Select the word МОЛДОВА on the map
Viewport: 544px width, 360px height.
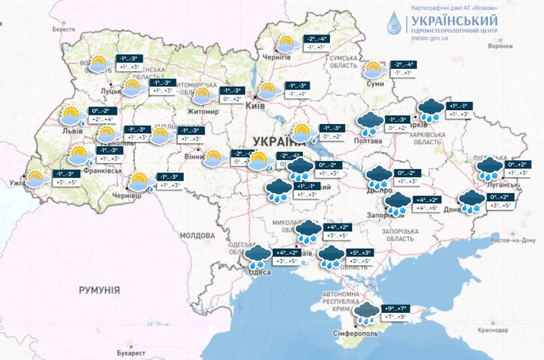[x=195, y=235]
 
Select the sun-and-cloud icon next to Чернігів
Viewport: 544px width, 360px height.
[x=289, y=44]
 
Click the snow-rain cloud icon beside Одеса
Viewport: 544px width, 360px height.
[x=259, y=256]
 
